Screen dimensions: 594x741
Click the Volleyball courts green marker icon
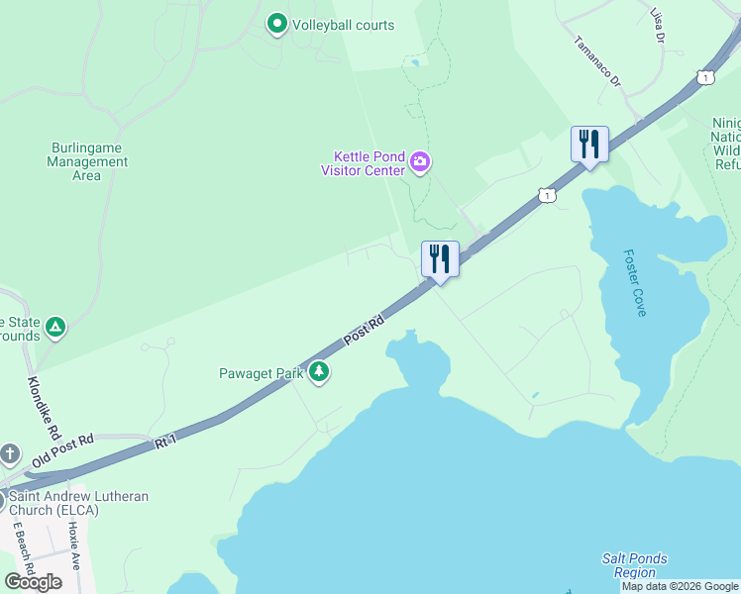[277, 24]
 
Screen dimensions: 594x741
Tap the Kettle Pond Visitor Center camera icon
[420, 161]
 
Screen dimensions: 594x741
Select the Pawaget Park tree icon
[319, 372]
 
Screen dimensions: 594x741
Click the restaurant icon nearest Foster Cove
[589, 145]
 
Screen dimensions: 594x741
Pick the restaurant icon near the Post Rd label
[440, 259]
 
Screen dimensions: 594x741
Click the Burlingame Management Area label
[87, 161]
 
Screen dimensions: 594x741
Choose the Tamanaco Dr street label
[596, 60]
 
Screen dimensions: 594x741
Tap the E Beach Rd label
[23, 551]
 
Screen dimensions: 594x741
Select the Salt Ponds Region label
[634, 565]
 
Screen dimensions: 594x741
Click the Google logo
[33, 582]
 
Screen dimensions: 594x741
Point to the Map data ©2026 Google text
[680, 586]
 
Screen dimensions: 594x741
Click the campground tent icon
[56, 327]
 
